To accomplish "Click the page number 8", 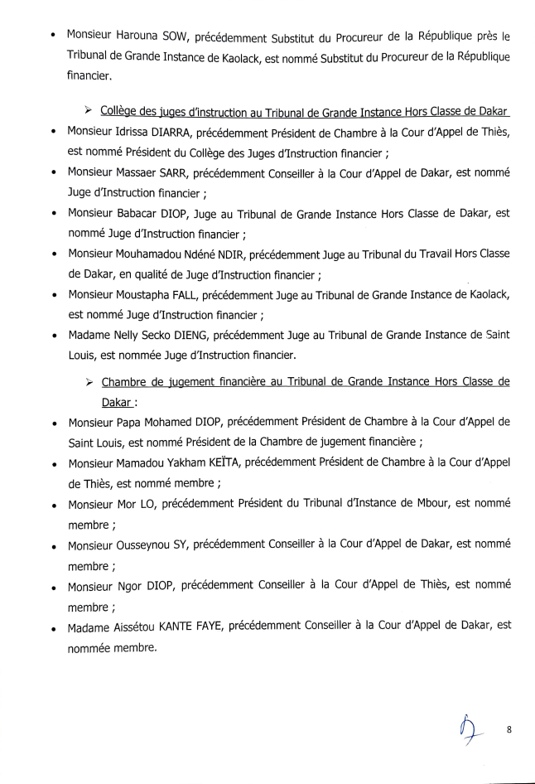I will point(509,730).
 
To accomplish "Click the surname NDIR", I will point(234,251).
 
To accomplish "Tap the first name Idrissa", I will point(125,135).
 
